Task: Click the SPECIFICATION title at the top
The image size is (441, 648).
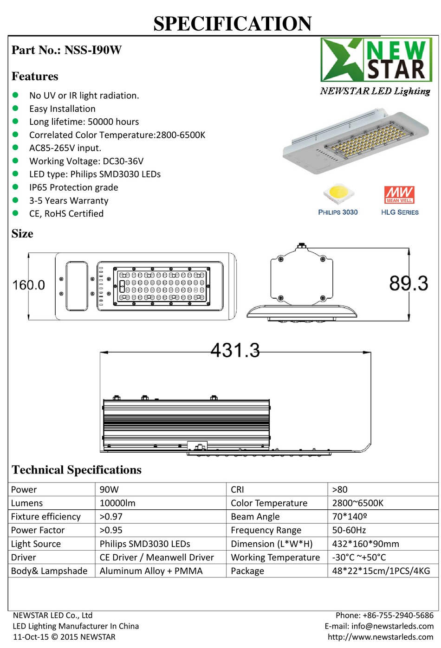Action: click(x=233, y=24)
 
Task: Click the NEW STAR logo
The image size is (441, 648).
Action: click(x=376, y=60)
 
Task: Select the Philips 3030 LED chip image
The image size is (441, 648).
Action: click(x=338, y=194)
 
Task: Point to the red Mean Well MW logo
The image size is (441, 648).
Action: click(x=399, y=195)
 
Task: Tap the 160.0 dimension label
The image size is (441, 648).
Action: click(x=29, y=285)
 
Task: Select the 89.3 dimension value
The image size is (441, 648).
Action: click(x=409, y=283)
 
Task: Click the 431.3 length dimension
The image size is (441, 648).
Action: click(x=235, y=350)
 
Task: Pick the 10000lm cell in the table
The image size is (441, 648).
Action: click(x=118, y=503)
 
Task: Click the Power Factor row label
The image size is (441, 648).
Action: click(x=38, y=530)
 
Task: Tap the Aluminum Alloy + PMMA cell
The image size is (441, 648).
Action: click(x=151, y=571)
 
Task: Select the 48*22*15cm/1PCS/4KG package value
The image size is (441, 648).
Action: click(x=381, y=571)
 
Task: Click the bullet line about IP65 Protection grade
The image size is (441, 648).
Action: click(x=74, y=187)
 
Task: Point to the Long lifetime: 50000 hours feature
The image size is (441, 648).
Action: click(x=84, y=122)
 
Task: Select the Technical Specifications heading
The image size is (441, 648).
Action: click(x=77, y=470)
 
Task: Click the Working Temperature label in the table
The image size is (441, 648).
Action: click(x=275, y=558)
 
